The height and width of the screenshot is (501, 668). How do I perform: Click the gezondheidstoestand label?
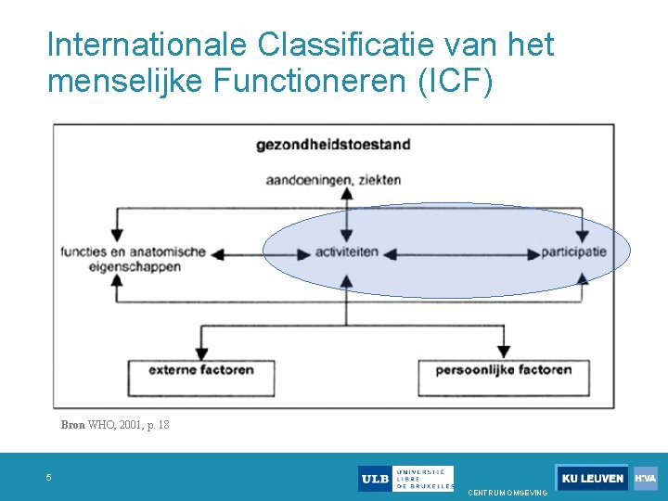(334, 145)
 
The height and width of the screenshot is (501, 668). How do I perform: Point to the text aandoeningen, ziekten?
(333, 179)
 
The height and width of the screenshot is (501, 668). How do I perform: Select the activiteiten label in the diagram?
(346, 251)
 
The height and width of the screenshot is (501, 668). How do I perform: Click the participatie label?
(573, 251)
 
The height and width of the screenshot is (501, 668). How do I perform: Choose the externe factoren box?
(201, 370)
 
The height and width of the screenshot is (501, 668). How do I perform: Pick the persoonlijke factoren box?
(504, 370)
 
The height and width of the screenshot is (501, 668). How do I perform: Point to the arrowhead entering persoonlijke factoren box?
(504, 352)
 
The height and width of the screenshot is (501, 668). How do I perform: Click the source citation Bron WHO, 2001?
(115, 425)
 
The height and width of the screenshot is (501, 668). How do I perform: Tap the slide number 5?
(50, 478)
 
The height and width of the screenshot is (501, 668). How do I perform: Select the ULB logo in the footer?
(405, 479)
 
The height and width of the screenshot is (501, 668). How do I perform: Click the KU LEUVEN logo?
(592, 479)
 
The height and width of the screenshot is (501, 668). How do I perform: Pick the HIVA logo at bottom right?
(646, 479)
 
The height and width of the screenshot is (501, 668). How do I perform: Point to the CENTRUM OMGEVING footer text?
(507, 493)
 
